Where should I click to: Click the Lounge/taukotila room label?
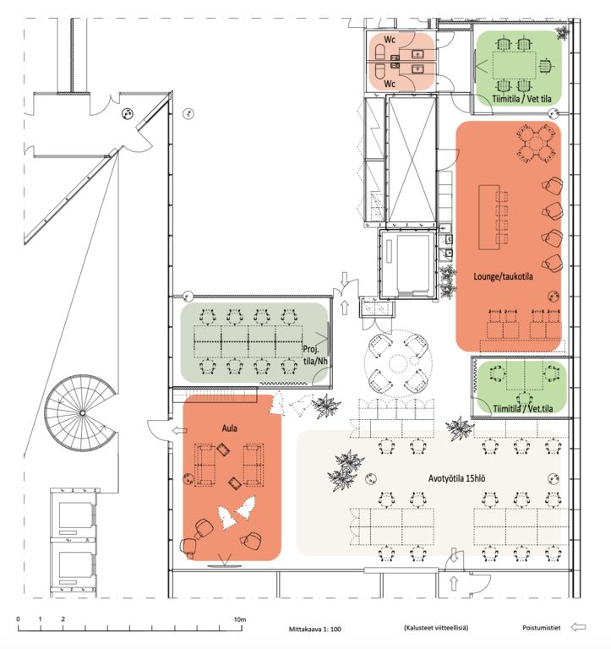coord(503,276)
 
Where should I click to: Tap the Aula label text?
coord(229,428)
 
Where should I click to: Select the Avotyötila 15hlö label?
coord(456,478)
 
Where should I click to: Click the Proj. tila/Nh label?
coord(315,355)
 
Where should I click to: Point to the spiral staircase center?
coord(82,413)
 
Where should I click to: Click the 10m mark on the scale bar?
coord(240,619)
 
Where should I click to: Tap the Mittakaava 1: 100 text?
coord(315,629)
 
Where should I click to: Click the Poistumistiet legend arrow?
coord(578,628)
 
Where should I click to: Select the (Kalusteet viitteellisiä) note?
coord(436,628)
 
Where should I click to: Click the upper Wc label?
coord(390,40)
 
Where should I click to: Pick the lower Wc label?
coord(390,84)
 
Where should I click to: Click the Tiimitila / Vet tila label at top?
coord(521,99)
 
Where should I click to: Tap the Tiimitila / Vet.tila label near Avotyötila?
coord(523,408)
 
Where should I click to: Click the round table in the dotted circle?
coord(398,364)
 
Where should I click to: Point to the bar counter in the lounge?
coord(488,217)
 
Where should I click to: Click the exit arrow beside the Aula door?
coord(179,431)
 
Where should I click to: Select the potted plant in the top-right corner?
coord(562,32)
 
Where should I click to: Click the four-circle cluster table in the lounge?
coord(536,145)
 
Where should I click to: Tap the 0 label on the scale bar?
coord(19,619)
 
